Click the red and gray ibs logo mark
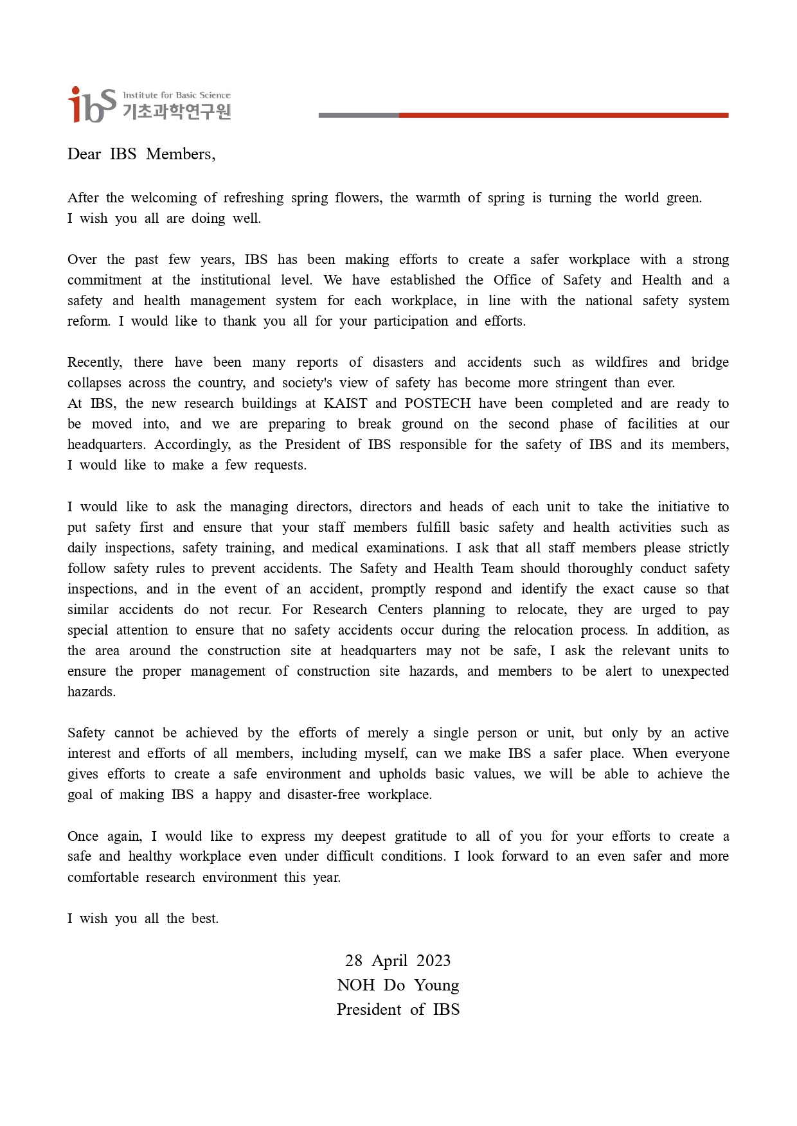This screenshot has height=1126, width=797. coord(91,105)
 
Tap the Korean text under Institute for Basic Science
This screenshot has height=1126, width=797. coord(176,112)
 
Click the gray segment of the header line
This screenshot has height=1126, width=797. coord(358,116)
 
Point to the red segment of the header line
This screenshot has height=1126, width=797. coord(563,116)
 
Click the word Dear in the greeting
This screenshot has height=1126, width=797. coord(84,154)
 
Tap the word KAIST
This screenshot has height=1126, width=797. coord(345,403)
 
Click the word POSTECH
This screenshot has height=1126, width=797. coord(437,403)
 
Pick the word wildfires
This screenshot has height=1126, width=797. coord(621,362)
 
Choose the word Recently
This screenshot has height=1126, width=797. coord(94,362)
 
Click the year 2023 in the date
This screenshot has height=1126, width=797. coord(433,961)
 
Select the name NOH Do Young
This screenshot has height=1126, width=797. coord(398,985)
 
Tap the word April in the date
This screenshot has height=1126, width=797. coord(390,961)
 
